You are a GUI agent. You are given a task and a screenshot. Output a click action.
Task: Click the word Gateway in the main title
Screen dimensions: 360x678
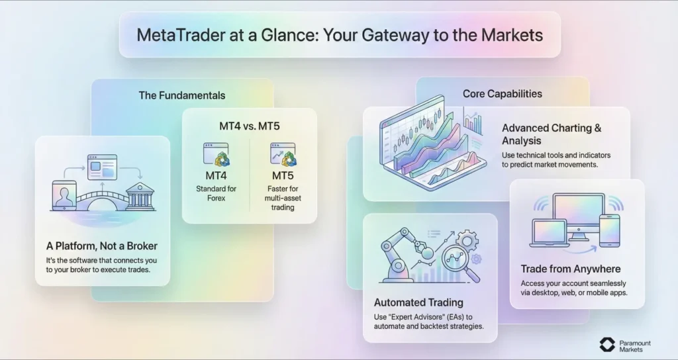[405, 35]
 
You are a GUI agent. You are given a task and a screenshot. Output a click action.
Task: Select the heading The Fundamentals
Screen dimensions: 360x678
[181, 95]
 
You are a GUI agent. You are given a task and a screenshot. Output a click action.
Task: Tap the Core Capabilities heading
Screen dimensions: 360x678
[502, 93]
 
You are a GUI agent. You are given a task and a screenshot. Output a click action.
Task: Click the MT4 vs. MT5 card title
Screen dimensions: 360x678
[249, 125]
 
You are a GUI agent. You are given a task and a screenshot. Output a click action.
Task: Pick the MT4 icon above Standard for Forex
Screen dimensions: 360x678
[217, 154]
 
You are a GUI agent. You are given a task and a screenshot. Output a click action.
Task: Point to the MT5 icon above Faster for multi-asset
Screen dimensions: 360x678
[283, 154]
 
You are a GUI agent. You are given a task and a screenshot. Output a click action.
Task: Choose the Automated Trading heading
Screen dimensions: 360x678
[409, 304]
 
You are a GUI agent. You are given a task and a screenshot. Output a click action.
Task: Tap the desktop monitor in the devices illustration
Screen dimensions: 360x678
[578, 215]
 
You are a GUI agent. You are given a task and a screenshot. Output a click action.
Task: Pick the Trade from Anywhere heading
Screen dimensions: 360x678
[570, 269]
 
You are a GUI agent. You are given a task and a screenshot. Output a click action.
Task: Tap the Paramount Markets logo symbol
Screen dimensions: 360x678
[607, 345]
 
